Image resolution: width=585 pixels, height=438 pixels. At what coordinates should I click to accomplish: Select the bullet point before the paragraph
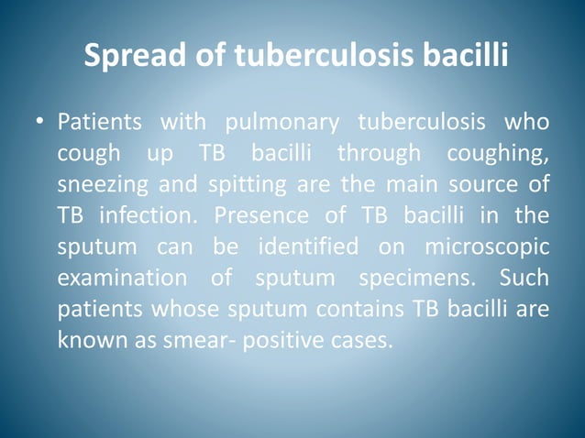tap(41, 123)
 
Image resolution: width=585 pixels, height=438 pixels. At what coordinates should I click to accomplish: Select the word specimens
tap(407, 279)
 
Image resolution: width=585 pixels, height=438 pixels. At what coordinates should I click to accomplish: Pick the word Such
tap(525, 279)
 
